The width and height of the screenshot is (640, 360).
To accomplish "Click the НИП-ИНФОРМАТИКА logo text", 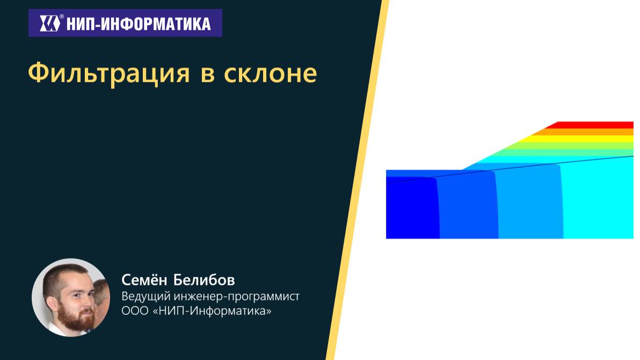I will tap(138, 24).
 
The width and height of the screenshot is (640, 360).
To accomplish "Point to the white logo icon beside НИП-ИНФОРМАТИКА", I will tap(50, 24).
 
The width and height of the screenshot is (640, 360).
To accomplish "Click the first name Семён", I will tap(144, 280).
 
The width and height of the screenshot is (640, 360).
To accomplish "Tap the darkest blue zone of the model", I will tap(411, 210).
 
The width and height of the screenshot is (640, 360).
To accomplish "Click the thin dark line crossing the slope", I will tap(537, 165).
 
